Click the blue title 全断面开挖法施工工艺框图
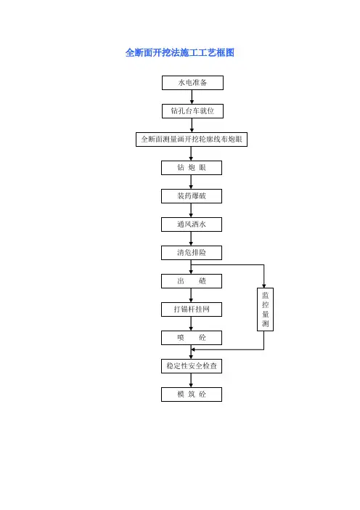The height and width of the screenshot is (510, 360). click(180, 53)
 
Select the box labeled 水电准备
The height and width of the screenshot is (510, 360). click(192, 83)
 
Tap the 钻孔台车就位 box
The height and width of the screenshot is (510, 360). click(192, 111)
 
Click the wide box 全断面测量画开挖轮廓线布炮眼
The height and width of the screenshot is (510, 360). click(192, 139)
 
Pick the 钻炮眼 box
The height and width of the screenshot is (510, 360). click(192, 168)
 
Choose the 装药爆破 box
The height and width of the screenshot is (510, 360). click(192, 196)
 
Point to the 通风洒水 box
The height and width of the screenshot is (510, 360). click(192, 224)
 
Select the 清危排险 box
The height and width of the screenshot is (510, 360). click(192, 252)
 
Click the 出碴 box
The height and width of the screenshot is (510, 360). click(192, 281)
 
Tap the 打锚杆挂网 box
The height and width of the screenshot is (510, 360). click(192, 309)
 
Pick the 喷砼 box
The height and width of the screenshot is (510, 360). click(192, 338)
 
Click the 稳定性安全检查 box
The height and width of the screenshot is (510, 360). click(192, 366)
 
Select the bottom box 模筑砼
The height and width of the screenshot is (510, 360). click(192, 394)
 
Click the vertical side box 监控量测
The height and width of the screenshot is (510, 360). click(265, 309)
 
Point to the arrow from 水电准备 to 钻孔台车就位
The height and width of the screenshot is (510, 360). click(192, 97)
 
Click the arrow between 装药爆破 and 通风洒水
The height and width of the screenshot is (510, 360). click(191, 210)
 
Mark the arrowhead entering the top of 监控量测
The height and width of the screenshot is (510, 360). click(263, 286)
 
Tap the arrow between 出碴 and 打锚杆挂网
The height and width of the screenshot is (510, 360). click(191, 296)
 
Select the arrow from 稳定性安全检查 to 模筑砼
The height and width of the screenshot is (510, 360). click(191, 380)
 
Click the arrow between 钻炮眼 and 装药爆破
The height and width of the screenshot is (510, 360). click(191, 182)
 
